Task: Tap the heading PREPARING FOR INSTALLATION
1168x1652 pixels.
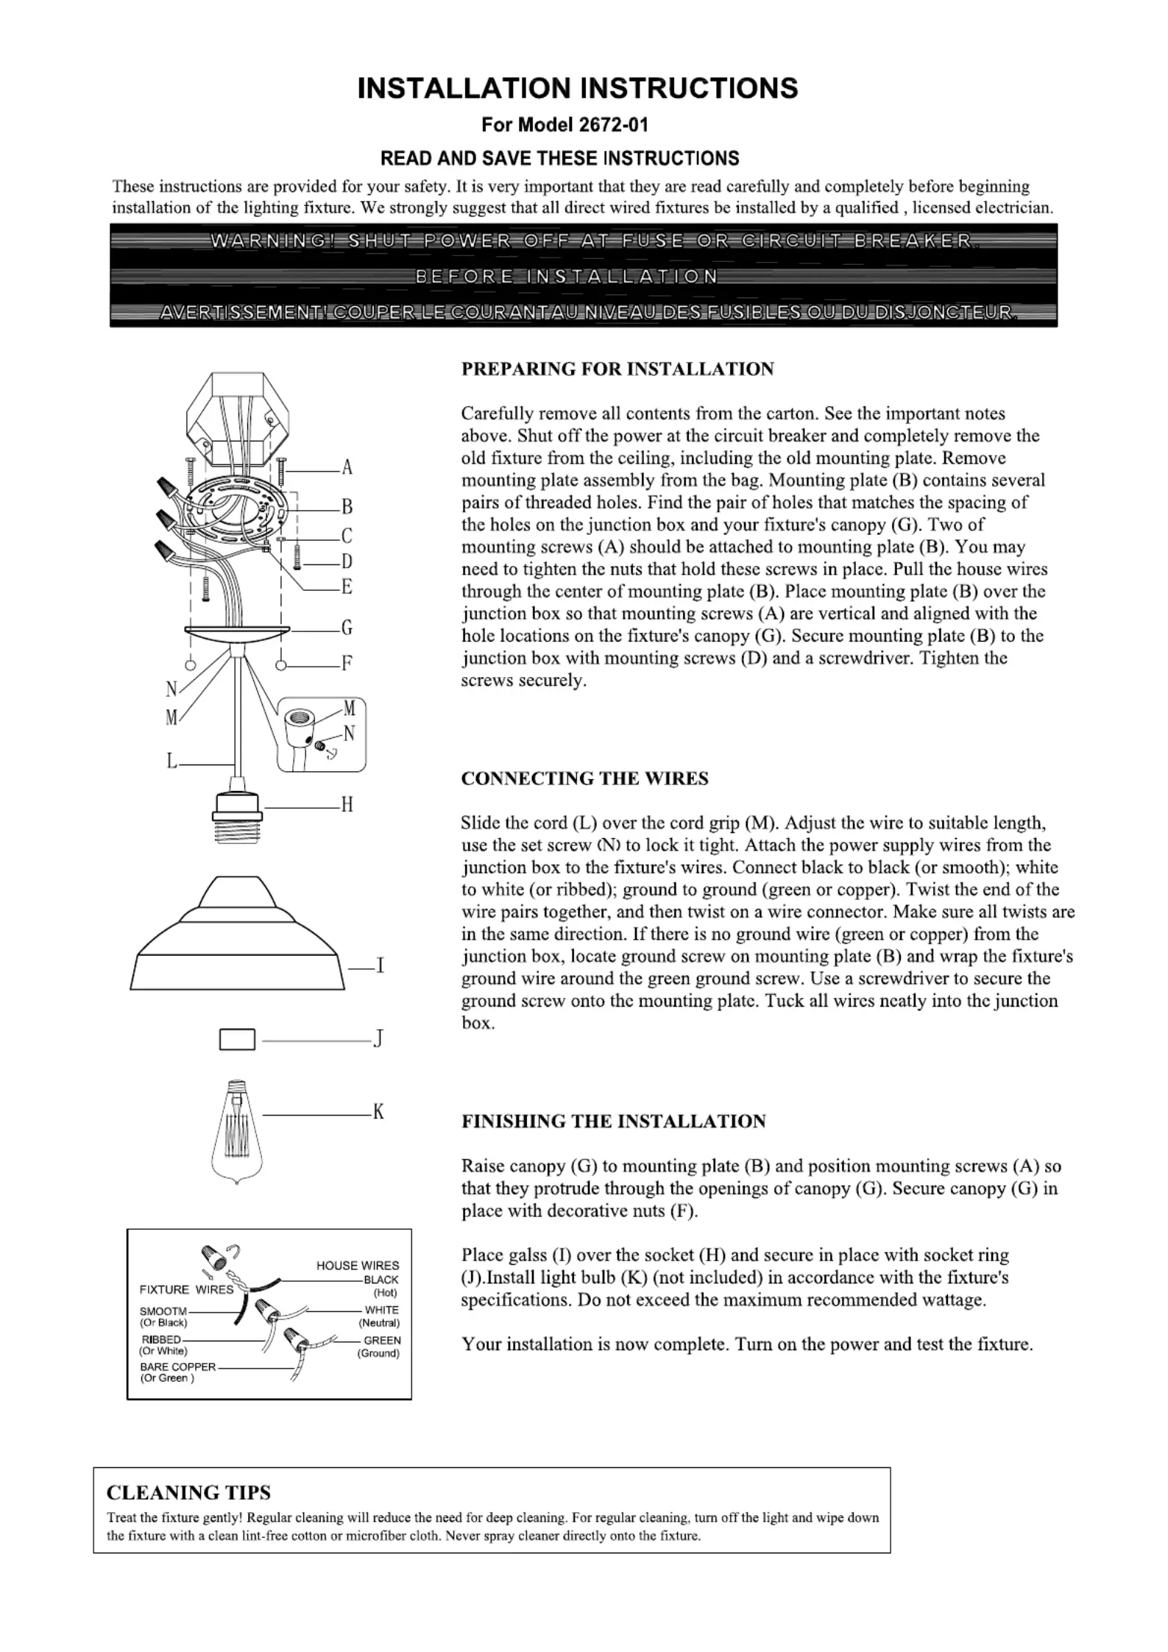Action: pos(617,369)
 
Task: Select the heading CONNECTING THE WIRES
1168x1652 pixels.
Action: pos(584,779)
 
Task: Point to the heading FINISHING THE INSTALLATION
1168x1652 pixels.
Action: pos(613,1121)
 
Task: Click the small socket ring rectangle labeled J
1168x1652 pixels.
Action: pos(238,1039)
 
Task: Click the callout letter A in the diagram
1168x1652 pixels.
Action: pos(347,468)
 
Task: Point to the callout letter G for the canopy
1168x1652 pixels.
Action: pos(347,628)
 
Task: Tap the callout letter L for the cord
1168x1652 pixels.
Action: pos(172,761)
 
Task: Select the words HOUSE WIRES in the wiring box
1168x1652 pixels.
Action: pos(358,1266)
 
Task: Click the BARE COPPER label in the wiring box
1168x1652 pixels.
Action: pos(177,1367)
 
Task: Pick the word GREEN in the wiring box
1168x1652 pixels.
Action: pos(383,1341)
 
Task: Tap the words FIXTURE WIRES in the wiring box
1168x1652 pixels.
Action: pos(186,1290)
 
